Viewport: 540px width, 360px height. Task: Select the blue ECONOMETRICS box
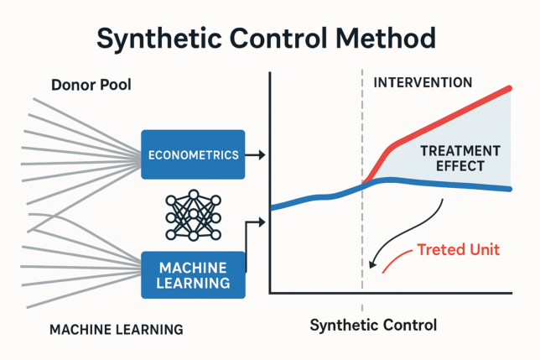(x=193, y=154)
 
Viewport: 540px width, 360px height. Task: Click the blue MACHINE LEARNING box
(x=193, y=274)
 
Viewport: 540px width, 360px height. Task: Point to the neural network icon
(x=194, y=213)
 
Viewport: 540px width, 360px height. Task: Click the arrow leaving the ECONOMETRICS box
(x=255, y=154)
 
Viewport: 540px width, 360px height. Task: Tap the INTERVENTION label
(x=422, y=83)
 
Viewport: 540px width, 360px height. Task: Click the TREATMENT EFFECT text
(x=460, y=158)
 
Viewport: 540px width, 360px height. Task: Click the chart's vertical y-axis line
(x=269, y=185)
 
